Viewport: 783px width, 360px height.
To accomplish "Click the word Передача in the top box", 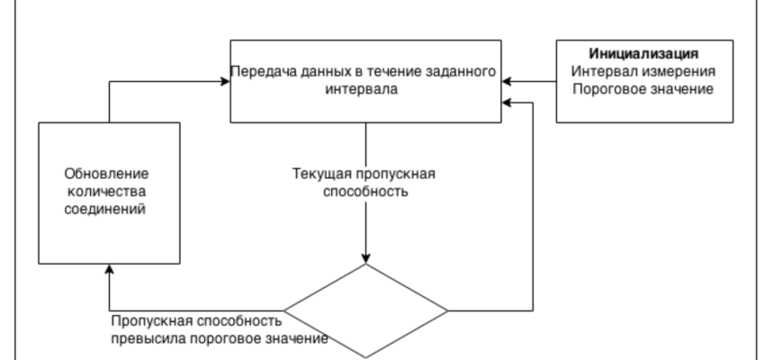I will (x=262, y=72).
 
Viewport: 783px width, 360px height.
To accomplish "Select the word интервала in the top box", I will (x=365, y=90).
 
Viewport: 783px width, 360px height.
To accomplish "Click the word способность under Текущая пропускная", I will (x=365, y=192).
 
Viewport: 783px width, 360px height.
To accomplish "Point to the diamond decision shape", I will (x=365, y=310).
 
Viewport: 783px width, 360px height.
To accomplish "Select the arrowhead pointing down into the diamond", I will (x=365, y=257).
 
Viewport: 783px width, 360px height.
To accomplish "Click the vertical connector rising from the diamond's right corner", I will (x=534, y=207).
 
